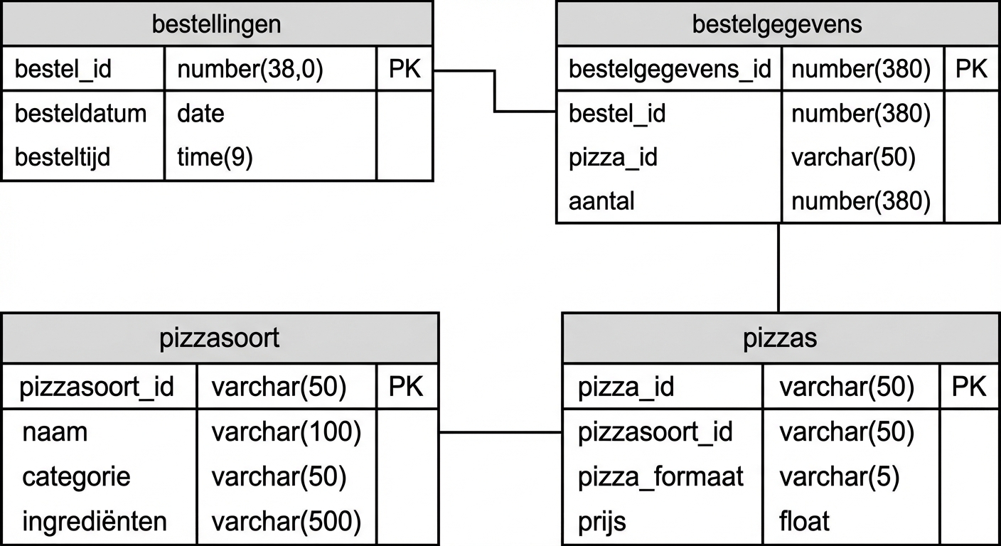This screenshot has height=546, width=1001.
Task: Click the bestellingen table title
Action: click(x=217, y=24)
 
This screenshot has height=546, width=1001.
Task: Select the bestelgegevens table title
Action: click(x=777, y=24)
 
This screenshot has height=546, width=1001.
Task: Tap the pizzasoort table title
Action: click(x=219, y=338)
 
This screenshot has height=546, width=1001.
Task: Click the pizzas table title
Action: click(x=780, y=338)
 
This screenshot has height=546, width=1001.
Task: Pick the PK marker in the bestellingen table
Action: click(x=405, y=69)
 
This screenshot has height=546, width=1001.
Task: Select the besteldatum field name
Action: click(x=80, y=113)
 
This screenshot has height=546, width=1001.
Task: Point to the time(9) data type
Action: click(x=215, y=156)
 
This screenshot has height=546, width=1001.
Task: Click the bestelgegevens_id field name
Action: click(x=669, y=69)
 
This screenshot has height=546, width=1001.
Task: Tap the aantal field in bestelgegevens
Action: click(x=601, y=201)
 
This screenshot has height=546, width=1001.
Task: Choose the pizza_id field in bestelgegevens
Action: click(x=613, y=157)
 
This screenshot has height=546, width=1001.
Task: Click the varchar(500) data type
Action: click(x=286, y=521)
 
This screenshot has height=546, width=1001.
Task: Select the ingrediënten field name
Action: click(x=95, y=521)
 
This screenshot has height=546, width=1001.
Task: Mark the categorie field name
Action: click(x=76, y=476)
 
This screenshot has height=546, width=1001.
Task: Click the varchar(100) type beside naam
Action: click(x=286, y=432)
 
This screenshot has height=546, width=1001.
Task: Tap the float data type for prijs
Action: click(x=804, y=521)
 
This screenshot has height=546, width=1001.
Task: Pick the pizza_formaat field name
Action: click(x=660, y=476)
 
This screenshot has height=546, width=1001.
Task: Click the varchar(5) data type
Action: click(x=839, y=476)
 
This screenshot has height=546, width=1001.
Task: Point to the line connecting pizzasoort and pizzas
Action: click(x=500, y=432)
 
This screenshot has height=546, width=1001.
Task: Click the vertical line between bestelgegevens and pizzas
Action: click(x=778, y=268)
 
